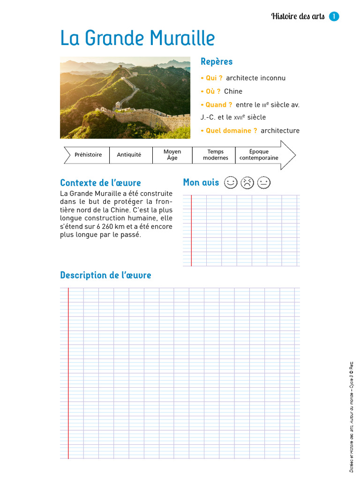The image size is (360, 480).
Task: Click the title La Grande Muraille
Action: click(137, 38)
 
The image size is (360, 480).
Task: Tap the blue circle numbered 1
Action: click(334, 16)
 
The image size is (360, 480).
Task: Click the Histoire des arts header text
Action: click(298, 16)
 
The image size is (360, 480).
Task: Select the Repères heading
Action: click(217, 61)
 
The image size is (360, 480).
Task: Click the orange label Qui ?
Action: click(214, 78)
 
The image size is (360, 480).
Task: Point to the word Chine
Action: click(233, 91)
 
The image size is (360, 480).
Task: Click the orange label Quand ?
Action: click(219, 105)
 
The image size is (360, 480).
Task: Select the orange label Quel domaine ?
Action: click(231, 131)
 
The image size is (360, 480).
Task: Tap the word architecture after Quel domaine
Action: click(280, 131)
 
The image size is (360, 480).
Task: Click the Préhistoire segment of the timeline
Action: click(88, 155)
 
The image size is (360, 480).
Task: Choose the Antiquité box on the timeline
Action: click(129, 155)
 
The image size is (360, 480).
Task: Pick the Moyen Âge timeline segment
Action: click(172, 155)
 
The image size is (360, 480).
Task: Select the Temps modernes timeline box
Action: click(215, 155)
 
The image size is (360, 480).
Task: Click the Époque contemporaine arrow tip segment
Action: click(260, 155)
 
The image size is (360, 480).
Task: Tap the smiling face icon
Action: click(231, 182)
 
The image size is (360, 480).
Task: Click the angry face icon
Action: click(247, 182)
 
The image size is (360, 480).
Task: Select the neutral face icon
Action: click(264, 182)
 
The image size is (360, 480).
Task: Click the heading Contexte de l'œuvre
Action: click(100, 183)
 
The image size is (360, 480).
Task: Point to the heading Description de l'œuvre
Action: click(105, 275)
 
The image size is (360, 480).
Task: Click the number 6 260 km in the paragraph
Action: click(109, 226)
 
